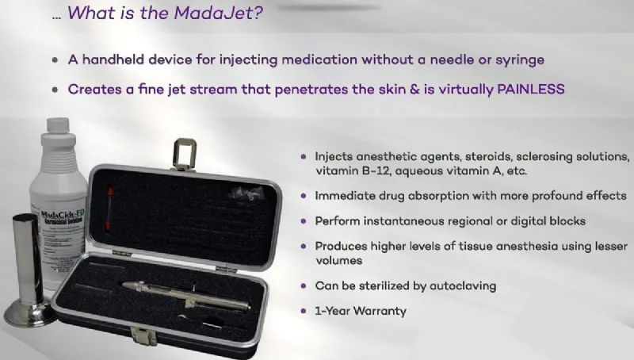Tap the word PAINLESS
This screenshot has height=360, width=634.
527,90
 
